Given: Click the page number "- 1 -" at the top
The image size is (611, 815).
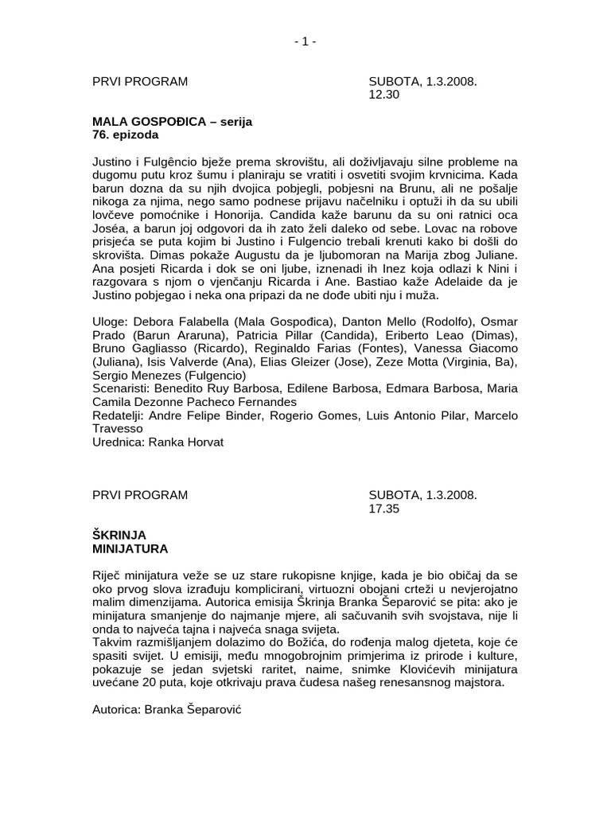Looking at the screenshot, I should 305,41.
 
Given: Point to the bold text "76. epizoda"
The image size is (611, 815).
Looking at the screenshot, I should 125,135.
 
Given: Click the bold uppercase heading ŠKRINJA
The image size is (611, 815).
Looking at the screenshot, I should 119,535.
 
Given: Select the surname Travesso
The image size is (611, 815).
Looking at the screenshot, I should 119,429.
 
